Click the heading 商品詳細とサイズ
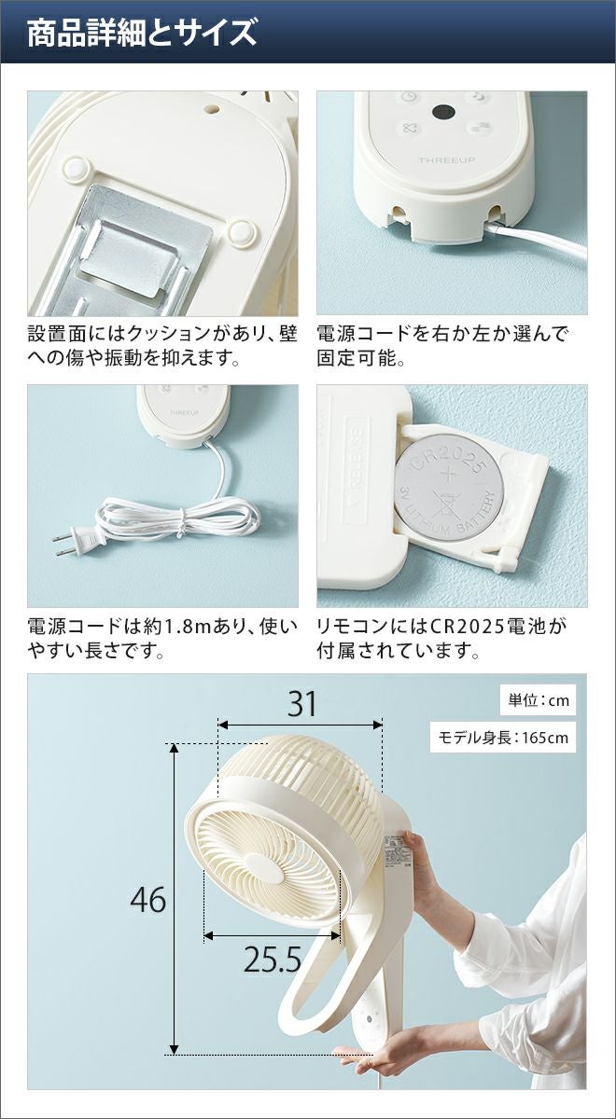142,34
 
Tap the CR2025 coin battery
448,488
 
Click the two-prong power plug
79,541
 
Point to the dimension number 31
301,704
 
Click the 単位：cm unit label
539,700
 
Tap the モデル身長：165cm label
503,738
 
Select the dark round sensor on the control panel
442,113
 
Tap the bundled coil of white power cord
177,518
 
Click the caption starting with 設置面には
162,346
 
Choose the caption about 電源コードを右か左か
442,346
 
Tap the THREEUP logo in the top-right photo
446,160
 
